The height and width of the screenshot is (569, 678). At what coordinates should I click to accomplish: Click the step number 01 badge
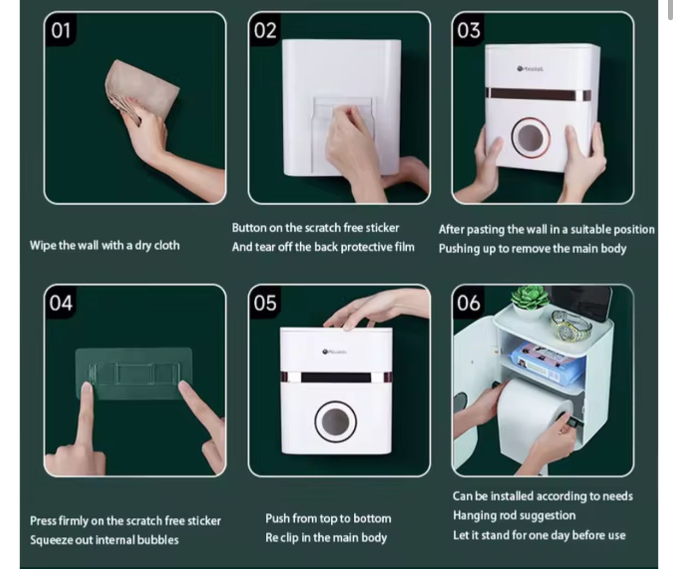tap(61, 31)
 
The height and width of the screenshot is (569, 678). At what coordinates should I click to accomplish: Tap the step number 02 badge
tap(265, 31)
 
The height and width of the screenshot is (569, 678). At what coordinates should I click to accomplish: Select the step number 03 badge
tap(469, 31)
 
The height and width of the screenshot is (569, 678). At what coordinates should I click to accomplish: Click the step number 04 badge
tap(61, 303)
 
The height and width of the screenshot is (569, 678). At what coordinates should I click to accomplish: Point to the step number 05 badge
tap(265, 303)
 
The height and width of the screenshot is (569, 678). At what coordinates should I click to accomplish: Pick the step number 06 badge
tap(469, 303)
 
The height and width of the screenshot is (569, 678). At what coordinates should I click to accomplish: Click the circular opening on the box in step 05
tap(335, 422)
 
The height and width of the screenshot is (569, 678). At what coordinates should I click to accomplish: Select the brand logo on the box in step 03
tap(530, 69)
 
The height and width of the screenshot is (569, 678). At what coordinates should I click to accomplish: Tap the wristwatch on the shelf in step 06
tap(570, 326)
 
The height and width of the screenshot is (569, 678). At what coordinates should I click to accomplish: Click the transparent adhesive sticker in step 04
tap(134, 373)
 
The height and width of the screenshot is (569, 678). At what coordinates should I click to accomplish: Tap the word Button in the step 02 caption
tap(249, 228)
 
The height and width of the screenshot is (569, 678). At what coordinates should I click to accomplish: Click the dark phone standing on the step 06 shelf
tap(603, 303)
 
